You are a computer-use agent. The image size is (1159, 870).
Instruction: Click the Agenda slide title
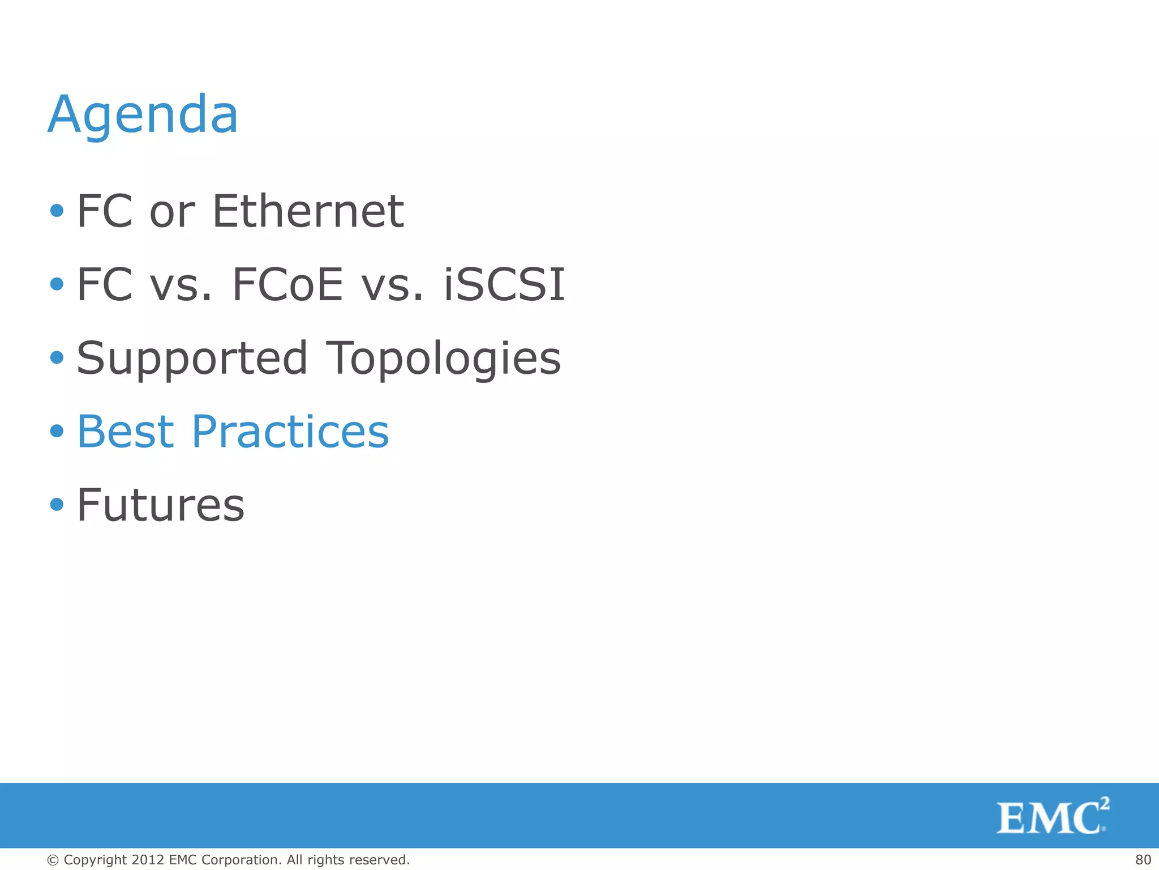(143, 115)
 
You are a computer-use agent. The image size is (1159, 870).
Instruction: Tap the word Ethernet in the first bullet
(308, 211)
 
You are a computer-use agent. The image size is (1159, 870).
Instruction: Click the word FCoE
(287, 285)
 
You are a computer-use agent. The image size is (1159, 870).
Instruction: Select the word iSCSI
(504, 285)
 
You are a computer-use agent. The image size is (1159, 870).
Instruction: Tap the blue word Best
(126, 432)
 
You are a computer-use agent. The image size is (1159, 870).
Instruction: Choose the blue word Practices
(290, 432)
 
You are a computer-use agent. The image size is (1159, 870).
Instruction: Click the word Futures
(161, 505)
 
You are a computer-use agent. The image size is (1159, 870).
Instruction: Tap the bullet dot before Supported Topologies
(57, 357)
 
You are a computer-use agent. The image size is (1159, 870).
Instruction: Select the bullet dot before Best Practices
(57, 431)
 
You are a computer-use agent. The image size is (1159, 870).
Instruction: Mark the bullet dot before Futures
(57, 504)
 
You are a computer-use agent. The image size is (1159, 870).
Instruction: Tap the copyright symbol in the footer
(53, 860)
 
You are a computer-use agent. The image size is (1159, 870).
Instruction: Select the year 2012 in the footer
(148, 860)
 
